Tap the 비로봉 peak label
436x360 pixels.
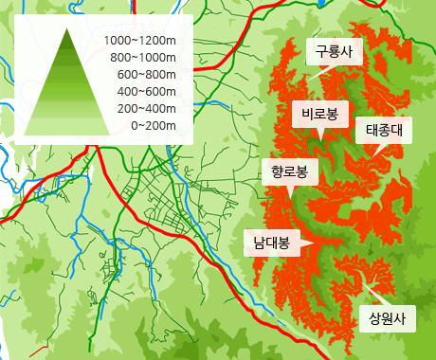coord(320,115)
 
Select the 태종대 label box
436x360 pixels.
coord(384,130)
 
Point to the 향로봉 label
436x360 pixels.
coord(289,172)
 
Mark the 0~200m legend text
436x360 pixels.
coord(153,125)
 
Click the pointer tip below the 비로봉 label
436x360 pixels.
coord(321,139)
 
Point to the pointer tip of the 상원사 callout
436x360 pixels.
coord(361,280)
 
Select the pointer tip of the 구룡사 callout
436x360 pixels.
coord(319,75)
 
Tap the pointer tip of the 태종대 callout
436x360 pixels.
coord(372,154)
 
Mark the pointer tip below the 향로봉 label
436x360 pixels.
coord(290,197)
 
